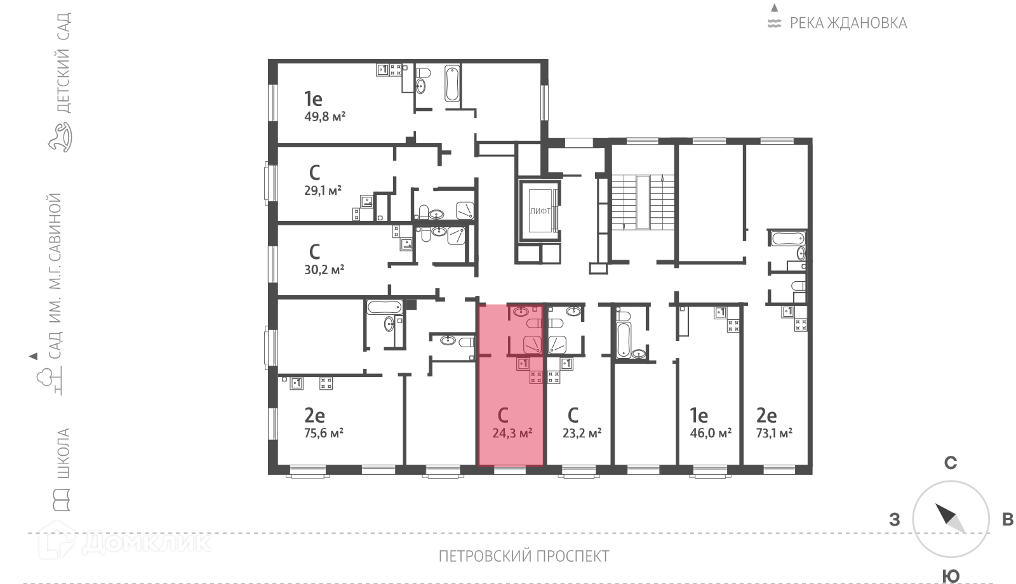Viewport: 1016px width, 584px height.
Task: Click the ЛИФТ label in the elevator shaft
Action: pyautogui.click(x=540, y=211)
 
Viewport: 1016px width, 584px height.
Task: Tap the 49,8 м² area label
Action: pyautogui.click(x=324, y=117)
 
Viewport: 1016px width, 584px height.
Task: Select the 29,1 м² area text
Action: pyautogui.click(x=323, y=190)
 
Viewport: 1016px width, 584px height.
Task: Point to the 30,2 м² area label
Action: pyautogui.click(x=324, y=270)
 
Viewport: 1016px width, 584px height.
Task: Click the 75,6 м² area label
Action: pyautogui.click(x=323, y=433)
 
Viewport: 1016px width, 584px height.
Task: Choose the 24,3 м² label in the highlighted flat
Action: pyautogui.click(x=512, y=433)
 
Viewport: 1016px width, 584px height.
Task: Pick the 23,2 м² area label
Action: pyautogui.click(x=582, y=433)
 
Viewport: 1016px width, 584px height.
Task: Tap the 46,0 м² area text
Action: pyautogui.click(x=711, y=433)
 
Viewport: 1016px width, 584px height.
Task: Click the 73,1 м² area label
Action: pyautogui.click(x=774, y=433)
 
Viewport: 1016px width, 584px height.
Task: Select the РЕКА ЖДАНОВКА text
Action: pyautogui.click(x=848, y=23)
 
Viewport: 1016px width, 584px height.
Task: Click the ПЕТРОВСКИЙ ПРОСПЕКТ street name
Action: pyautogui.click(x=524, y=556)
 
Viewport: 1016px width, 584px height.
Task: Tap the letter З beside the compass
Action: pyautogui.click(x=895, y=520)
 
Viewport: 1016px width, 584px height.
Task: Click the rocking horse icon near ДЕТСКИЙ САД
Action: pyautogui.click(x=60, y=137)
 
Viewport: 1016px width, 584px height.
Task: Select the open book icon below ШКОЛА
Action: pyautogui.click(x=61, y=500)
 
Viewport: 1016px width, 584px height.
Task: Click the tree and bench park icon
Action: pyautogui.click(x=49, y=380)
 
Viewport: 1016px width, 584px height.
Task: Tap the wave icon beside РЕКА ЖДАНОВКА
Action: pyautogui.click(x=774, y=23)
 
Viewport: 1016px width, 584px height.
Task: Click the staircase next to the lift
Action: pyautogui.click(x=643, y=202)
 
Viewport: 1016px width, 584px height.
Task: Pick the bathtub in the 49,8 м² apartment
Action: pyautogui.click(x=452, y=83)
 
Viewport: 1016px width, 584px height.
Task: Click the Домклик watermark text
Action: pyautogui.click(x=147, y=542)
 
